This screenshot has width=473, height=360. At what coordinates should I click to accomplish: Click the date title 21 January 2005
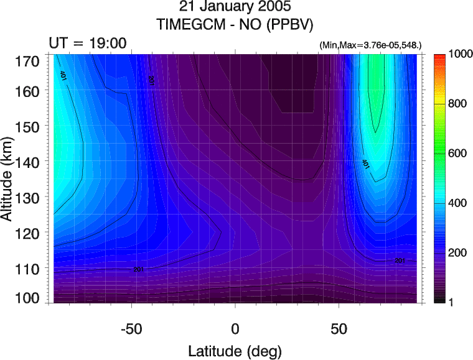click(x=235, y=9)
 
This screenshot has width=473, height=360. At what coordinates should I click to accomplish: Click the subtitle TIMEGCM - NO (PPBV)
click(x=235, y=25)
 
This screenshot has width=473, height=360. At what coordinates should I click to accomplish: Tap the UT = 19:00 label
click(x=88, y=43)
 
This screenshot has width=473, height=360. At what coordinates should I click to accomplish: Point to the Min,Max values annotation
click(x=370, y=45)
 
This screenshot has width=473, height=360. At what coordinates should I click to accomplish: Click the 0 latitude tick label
click(x=235, y=327)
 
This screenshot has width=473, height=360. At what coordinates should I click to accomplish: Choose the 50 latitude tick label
click(x=339, y=327)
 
